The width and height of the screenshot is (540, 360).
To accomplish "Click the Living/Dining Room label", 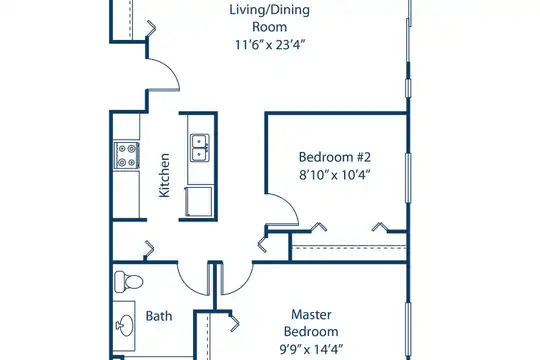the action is pos(269,18).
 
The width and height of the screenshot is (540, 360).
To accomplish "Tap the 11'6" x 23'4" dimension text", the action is pos(270,45).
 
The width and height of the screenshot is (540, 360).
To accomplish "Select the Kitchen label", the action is pos(164,175).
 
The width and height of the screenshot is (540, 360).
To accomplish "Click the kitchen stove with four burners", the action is pos(127,155).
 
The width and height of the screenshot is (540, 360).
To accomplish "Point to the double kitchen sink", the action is pos(200,148).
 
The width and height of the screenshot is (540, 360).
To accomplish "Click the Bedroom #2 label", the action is pos(334,157).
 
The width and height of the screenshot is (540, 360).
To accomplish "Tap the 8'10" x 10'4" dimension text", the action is pos(334,175).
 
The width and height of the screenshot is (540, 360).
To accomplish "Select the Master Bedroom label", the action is pos(311,323).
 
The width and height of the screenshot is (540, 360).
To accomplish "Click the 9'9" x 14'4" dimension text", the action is pos(311,349).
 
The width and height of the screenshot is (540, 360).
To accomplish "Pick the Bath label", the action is pos(159,316).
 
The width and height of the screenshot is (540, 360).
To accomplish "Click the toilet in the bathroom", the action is pos(128,281).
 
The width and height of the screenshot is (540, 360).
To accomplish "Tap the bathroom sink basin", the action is pos(125,325).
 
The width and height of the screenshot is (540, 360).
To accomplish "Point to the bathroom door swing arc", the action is pos(188,287).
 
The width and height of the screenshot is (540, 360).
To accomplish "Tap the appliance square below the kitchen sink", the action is pos(199,202).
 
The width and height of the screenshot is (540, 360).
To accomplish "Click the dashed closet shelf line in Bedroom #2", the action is pos(349,247).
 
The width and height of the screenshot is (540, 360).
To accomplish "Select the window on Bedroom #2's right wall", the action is pos(408,178).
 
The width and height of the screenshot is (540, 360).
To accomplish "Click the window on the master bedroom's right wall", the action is pos(408,329).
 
